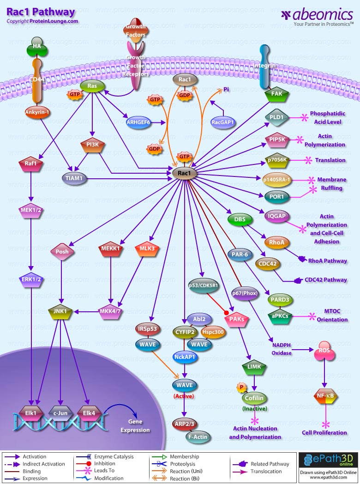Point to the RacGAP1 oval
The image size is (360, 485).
(x=223, y=122)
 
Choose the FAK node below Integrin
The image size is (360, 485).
(x=276, y=94)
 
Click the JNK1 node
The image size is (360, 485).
(x=61, y=311)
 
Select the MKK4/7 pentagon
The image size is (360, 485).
(x=110, y=311)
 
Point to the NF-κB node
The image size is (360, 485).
(x=325, y=396)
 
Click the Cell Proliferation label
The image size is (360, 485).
(x=324, y=433)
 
